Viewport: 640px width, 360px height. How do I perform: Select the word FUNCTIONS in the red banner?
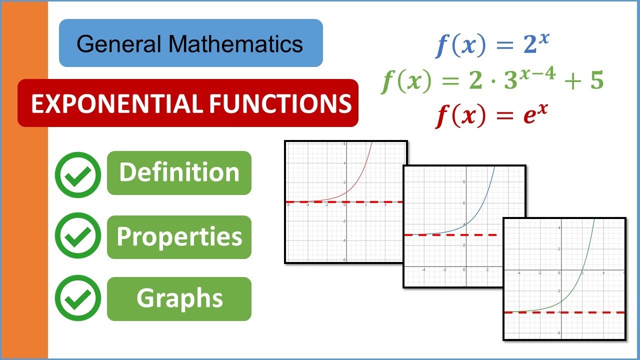click(280, 103)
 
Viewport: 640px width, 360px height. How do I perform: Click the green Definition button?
click(179, 172)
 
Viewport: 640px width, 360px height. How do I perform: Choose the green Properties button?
click(179, 237)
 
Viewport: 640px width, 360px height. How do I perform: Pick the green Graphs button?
click(179, 298)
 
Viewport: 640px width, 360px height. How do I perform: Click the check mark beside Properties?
click(78, 235)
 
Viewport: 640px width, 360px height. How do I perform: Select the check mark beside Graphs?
click(78, 298)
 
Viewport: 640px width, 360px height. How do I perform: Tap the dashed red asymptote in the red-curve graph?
click(320, 202)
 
